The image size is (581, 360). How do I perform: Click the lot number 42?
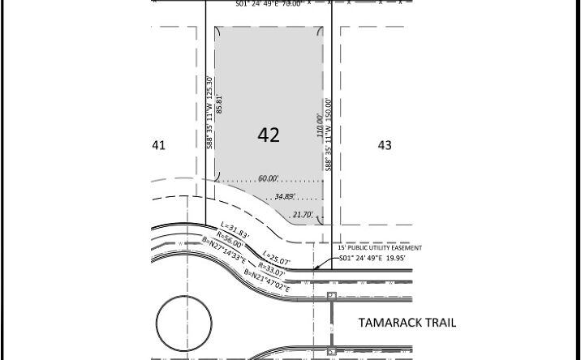pos(269,135)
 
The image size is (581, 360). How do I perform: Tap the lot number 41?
pos(158,145)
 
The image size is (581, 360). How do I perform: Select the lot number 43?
pos(385,145)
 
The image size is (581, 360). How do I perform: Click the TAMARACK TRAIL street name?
pos(407,323)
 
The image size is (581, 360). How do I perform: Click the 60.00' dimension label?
pos(269,178)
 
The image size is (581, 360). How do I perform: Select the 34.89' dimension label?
pos(285,197)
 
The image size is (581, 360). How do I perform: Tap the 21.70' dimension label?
pos(302,215)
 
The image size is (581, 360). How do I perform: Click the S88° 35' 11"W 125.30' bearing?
pos(209,112)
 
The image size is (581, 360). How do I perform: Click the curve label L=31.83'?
pos(235,229)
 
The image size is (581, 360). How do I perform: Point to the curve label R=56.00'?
pos(229,238)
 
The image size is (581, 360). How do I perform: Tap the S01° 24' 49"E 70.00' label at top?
pos(269,4)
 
